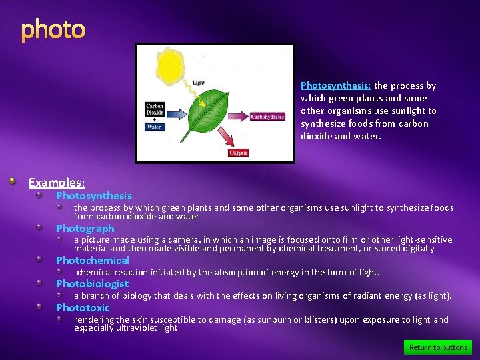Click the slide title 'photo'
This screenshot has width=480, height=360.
(53, 30)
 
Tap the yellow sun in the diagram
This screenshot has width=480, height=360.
(171, 65)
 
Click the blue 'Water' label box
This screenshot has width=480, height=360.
(154, 127)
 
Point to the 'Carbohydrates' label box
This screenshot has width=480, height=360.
(267, 117)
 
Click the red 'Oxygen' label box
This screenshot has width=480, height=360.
(238, 153)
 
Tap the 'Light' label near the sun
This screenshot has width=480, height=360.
(199, 83)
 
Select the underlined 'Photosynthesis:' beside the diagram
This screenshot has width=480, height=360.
(335, 85)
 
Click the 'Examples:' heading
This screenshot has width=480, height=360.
(57, 182)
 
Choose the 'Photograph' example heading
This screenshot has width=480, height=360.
(85, 229)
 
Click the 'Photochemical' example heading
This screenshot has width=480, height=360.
(92, 261)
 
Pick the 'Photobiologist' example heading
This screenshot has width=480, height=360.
(92, 284)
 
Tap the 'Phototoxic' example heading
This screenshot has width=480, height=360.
(83, 308)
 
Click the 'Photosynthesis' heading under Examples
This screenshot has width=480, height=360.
(93, 196)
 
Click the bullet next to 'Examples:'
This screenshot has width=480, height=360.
(13, 181)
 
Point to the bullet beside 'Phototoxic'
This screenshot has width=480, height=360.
(40, 307)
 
